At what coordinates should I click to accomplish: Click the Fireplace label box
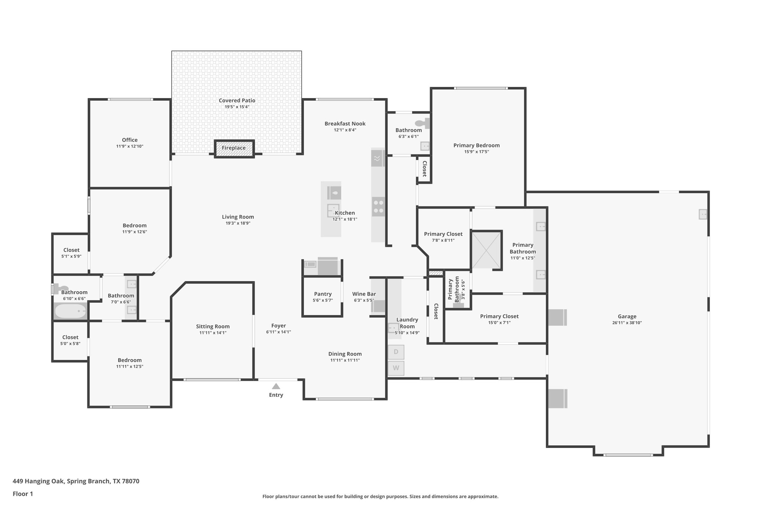234,148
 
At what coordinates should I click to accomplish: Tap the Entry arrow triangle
276,386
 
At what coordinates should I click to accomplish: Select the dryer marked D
396,352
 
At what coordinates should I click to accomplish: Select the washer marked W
396,368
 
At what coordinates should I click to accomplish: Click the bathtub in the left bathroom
70,311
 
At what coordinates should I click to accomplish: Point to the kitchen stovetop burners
378,207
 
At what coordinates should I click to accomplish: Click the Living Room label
238,217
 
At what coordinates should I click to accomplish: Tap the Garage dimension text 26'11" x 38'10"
627,323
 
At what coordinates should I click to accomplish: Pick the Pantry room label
323,294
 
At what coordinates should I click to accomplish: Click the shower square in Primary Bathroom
486,250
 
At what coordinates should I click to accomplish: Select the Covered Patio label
237,100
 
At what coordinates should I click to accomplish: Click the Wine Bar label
364,294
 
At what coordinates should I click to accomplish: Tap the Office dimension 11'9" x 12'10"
130,146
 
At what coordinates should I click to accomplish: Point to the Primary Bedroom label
476,145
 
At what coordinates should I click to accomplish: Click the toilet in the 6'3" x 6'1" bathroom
421,123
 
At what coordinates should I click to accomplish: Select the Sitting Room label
213,326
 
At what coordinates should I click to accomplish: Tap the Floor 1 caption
23,494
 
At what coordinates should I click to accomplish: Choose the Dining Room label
345,354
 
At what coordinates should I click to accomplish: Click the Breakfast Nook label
345,124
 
